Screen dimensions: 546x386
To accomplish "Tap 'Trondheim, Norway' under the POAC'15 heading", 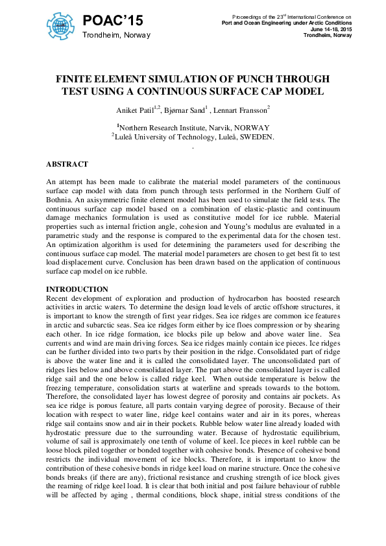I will (x=116, y=35).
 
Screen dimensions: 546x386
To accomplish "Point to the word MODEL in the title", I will (x=304, y=91).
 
